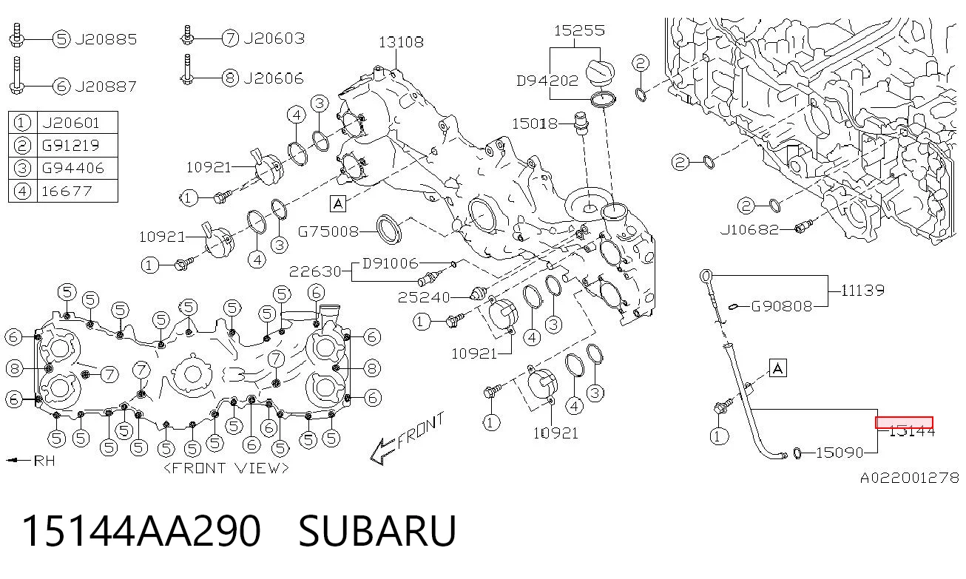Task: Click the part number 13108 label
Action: pyautogui.click(x=401, y=42)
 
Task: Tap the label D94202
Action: pyautogui.click(x=547, y=81)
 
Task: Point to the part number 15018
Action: pyautogui.click(x=535, y=124)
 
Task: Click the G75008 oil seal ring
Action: pyautogui.click(x=389, y=229)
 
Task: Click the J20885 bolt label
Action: pyautogui.click(x=106, y=40)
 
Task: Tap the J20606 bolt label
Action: pyautogui.click(x=274, y=78)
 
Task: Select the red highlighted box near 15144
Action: pyautogui.click(x=904, y=422)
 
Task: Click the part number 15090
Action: pyautogui.click(x=840, y=453)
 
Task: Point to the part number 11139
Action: pyautogui.click(x=862, y=291)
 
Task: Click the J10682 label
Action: pyautogui.click(x=749, y=230)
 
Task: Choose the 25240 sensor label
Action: pyautogui.click(x=424, y=297)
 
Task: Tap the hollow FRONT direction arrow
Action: pyautogui.click(x=383, y=451)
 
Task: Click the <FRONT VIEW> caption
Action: pyautogui.click(x=226, y=468)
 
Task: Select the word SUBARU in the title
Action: pyautogui.click(x=377, y=531)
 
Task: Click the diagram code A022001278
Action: pyautogui.click(x=910, y=478)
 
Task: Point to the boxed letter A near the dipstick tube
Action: pyautogui.click(x=777, y=368)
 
